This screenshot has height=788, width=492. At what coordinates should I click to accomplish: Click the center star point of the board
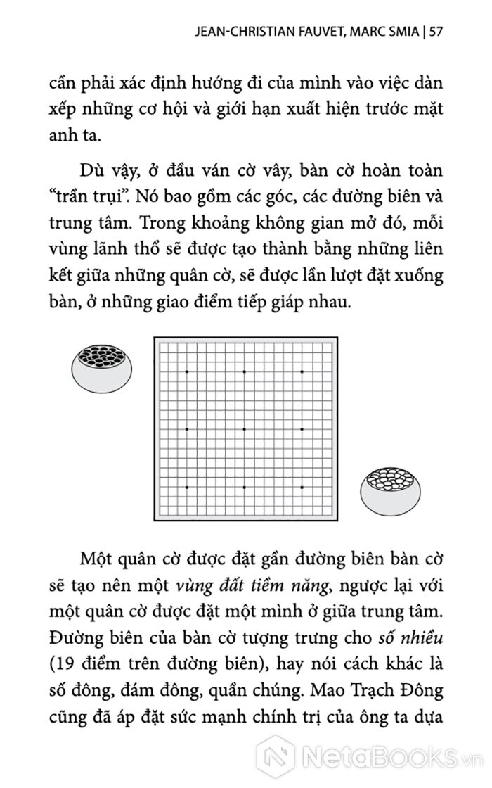[x=244, y=428]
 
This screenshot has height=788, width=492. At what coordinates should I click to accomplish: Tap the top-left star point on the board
[x=186, y=371]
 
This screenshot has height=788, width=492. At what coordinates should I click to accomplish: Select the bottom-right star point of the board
[x=302, y=486]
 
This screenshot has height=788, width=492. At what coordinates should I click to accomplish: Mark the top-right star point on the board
[x=302, y=371]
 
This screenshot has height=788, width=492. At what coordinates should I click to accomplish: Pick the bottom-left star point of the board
[x=186, y=486]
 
